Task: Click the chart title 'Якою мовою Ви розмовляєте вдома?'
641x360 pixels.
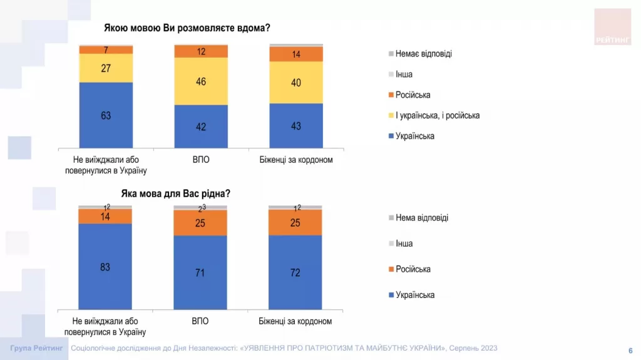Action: click(x=190, y=28)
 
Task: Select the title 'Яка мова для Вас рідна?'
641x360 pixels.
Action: click(x=176, y=193)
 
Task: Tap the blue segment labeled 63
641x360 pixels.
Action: click(x=105, y=115)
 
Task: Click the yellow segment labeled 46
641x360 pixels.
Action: click(x=200, y=81)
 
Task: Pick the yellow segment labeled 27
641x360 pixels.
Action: click(x=105, y=68)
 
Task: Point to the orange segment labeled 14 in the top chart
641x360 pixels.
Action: click(x=296, y=54)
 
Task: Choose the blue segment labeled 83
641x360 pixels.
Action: click(x=105, y=266)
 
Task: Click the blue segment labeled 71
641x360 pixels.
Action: click(x=200, y=272)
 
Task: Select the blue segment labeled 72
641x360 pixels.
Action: click(x=296, y=272)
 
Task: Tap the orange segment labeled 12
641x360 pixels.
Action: click(x=200, y=51)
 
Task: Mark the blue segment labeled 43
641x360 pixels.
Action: click(x=296, y=126)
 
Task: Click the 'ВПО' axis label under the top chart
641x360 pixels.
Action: click(x=200, y=160)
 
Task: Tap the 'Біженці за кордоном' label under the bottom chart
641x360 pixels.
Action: click(x=295, y=321)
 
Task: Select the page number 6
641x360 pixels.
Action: click(x=630, y=350)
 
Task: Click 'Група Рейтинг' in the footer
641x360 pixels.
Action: click(x=36, y=348)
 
